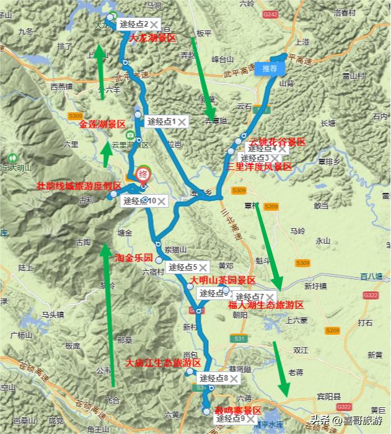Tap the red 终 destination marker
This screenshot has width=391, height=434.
coord(142,175)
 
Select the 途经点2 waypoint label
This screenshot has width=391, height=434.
coord(134,24)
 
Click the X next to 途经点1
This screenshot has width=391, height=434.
coord(182,122)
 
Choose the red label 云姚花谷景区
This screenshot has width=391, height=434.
coord(277,142)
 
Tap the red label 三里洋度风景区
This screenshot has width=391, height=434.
coord(259,166)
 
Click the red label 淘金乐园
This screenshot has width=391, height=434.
coord(134,257)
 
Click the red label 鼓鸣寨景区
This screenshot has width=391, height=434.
coord(238,410)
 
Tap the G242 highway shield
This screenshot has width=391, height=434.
coord(270,13)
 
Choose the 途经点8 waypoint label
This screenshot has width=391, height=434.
coord(213,378)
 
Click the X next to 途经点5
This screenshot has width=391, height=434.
coord(203,267)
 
